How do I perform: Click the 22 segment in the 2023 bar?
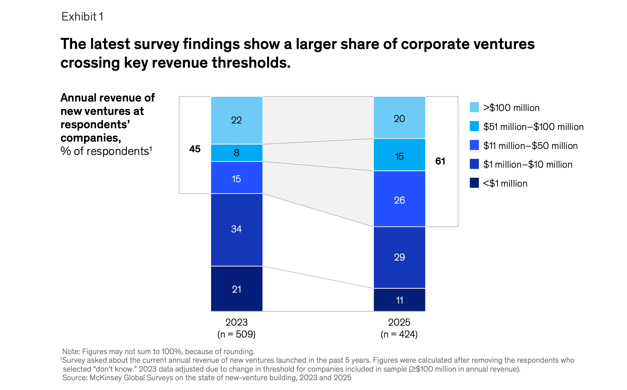(236, 120)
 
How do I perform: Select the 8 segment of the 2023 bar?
(236, 153)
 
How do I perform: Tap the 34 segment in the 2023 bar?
(236, 229)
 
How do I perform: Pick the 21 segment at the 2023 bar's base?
(236, 289)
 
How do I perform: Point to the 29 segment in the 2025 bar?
(399, 257)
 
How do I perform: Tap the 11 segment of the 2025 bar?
(399, 300)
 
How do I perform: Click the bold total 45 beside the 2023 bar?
(195, 149)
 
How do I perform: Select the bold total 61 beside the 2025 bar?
(440, 161)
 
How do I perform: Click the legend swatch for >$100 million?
(474, 107)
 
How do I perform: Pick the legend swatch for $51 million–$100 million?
(474, 126)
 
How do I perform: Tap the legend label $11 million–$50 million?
(530, 146)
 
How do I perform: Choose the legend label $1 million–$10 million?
(528, 164)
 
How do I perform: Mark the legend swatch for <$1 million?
(474, 183)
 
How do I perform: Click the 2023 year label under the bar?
(236, 322)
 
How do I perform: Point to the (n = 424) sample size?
(399, 334)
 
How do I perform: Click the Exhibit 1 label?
(82, 17)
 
